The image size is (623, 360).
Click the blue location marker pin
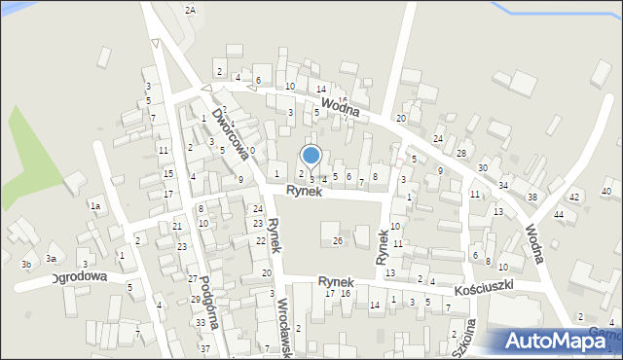point(311,155)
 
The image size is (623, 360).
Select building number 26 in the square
point(338,240)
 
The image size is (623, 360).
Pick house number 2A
point(190,10)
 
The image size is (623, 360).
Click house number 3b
point(27,265)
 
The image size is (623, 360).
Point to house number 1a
point(95,206)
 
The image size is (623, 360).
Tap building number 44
point(559,214)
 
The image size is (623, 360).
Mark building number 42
point(574,197)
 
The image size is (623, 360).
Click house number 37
point(205,347)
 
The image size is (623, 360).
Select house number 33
point(201,322)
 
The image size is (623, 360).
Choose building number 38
point(531,197)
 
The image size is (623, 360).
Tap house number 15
point(168,173)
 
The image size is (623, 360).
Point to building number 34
point(503,185)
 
